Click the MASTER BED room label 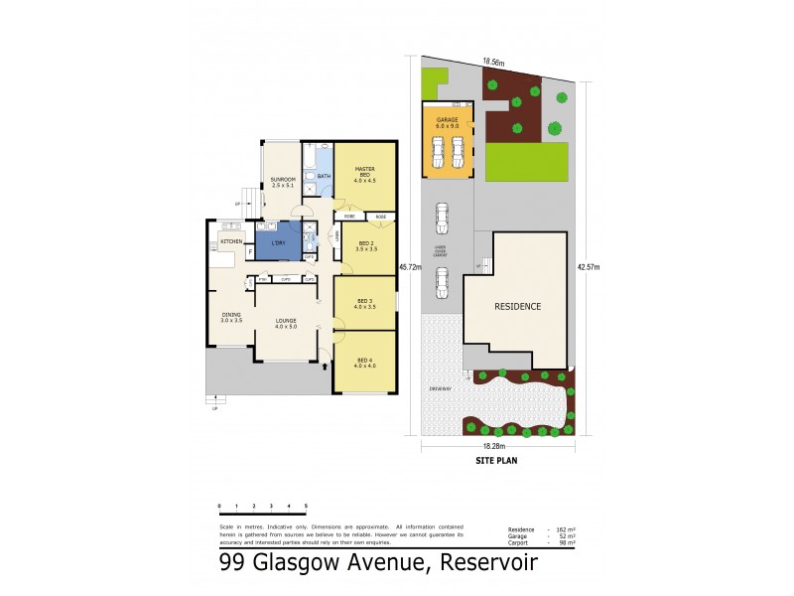point(364,172)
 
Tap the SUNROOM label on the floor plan point(283,182)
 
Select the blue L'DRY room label point(278,243)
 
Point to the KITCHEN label point(231,241)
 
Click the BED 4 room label point(365,359)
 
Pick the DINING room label point(230,315)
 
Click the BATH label point(324,176)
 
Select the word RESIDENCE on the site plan point(518,306)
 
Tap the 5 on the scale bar point(307,507)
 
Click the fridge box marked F point(249,253)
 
